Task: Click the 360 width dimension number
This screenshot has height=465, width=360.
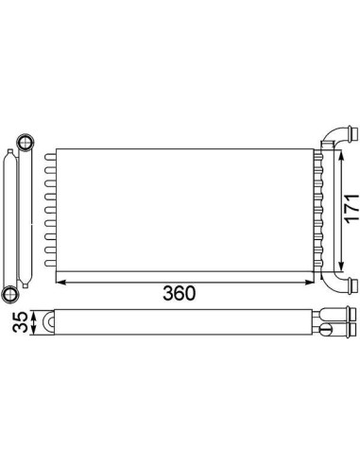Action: tap(179, 293)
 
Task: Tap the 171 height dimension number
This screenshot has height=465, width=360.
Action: tap(351, 209)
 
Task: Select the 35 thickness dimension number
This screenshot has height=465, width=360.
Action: tap(20, 322)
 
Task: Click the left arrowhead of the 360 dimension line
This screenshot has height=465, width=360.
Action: tap(60, 282)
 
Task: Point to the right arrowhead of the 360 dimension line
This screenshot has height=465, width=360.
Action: tap(309, 282)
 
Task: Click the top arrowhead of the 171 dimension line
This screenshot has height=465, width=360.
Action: tap(341, 156)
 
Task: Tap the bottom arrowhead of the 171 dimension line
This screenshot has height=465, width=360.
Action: tap(341, 267)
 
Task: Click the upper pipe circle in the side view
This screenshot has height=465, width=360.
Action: tap(26, 143)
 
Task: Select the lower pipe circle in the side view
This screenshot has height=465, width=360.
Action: tap(10, 295)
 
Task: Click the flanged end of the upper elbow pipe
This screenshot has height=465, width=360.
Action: tap(353, 133)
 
